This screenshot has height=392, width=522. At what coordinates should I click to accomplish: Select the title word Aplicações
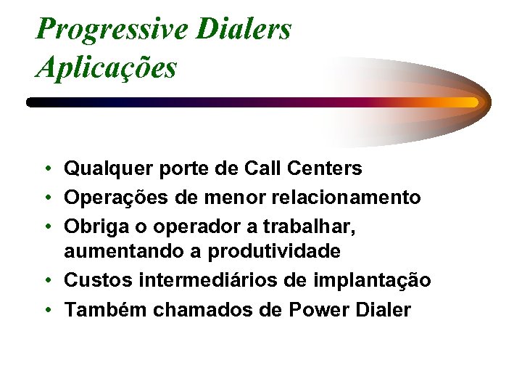(106, 68)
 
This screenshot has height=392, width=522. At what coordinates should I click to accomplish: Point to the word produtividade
(274, 252)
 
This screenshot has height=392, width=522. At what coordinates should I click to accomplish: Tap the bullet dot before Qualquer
(46, 170)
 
